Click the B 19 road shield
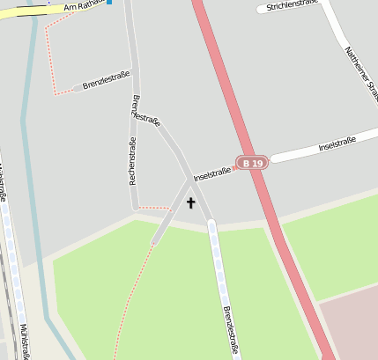[252, 163]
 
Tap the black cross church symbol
[190, 202]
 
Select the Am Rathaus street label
[84, 6]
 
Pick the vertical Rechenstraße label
[133, 161]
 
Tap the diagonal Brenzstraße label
[145, 108]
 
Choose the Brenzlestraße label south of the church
[231, 330]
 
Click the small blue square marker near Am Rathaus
[109, 2]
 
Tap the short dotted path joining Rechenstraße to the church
[154, 208]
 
